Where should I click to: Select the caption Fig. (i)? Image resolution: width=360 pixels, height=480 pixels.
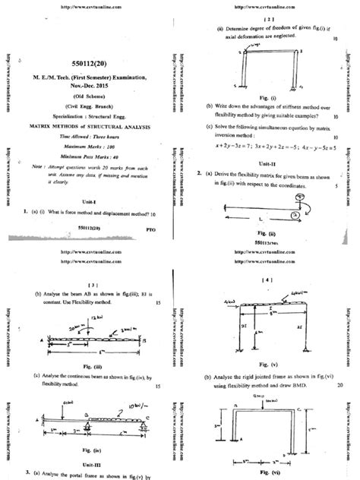tap(266, 97)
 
